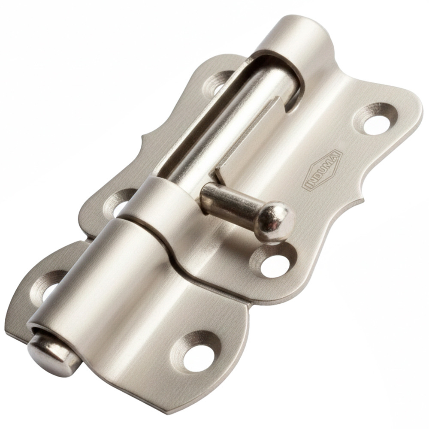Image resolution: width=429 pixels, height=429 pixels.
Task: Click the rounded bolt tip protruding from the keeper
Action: [52, 353]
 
